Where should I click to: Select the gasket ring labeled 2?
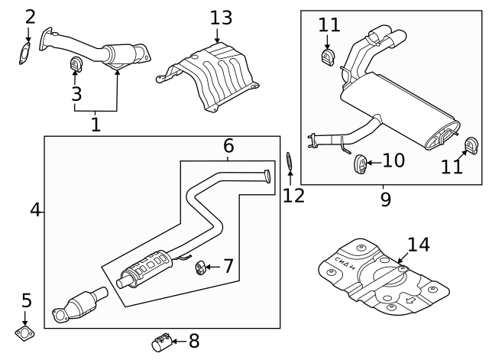[24, 54]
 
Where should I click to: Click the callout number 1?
[96, 125]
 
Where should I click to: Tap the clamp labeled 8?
[162, 342]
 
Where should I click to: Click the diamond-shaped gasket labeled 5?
[25, 332]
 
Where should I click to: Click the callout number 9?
[386, 199]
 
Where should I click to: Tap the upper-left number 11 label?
[329, 24]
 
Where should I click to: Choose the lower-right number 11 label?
[452, 165]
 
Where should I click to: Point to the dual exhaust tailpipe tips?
[388, 36]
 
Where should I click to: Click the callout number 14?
[419, 245]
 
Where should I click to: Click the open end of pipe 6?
[267, 176]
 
